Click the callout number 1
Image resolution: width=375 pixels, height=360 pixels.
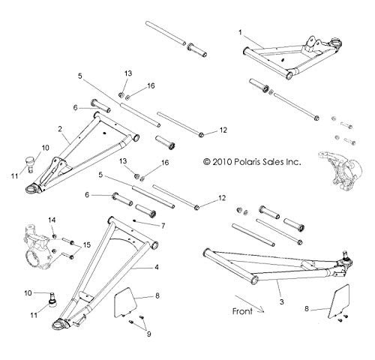point(240,32)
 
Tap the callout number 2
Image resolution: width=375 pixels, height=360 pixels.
point(60,129)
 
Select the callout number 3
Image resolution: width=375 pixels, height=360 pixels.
point(281,302)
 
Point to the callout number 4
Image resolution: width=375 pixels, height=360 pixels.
point(157,267)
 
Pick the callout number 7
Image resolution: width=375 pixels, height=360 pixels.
point(163,226)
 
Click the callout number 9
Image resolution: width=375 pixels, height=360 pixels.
point(149,334)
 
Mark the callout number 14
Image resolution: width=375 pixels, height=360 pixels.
point(52,220)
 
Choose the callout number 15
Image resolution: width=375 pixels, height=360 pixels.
point(87,244)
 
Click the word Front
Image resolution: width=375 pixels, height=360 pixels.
point(242,311)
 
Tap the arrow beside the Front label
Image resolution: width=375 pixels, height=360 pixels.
point(249,304)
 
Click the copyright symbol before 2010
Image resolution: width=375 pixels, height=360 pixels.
point(207,162)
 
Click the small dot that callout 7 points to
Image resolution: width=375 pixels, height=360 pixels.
point(134,220)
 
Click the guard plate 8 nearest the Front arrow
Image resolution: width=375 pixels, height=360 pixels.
point(339,301)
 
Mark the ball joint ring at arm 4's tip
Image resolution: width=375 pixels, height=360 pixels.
point(59,324)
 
